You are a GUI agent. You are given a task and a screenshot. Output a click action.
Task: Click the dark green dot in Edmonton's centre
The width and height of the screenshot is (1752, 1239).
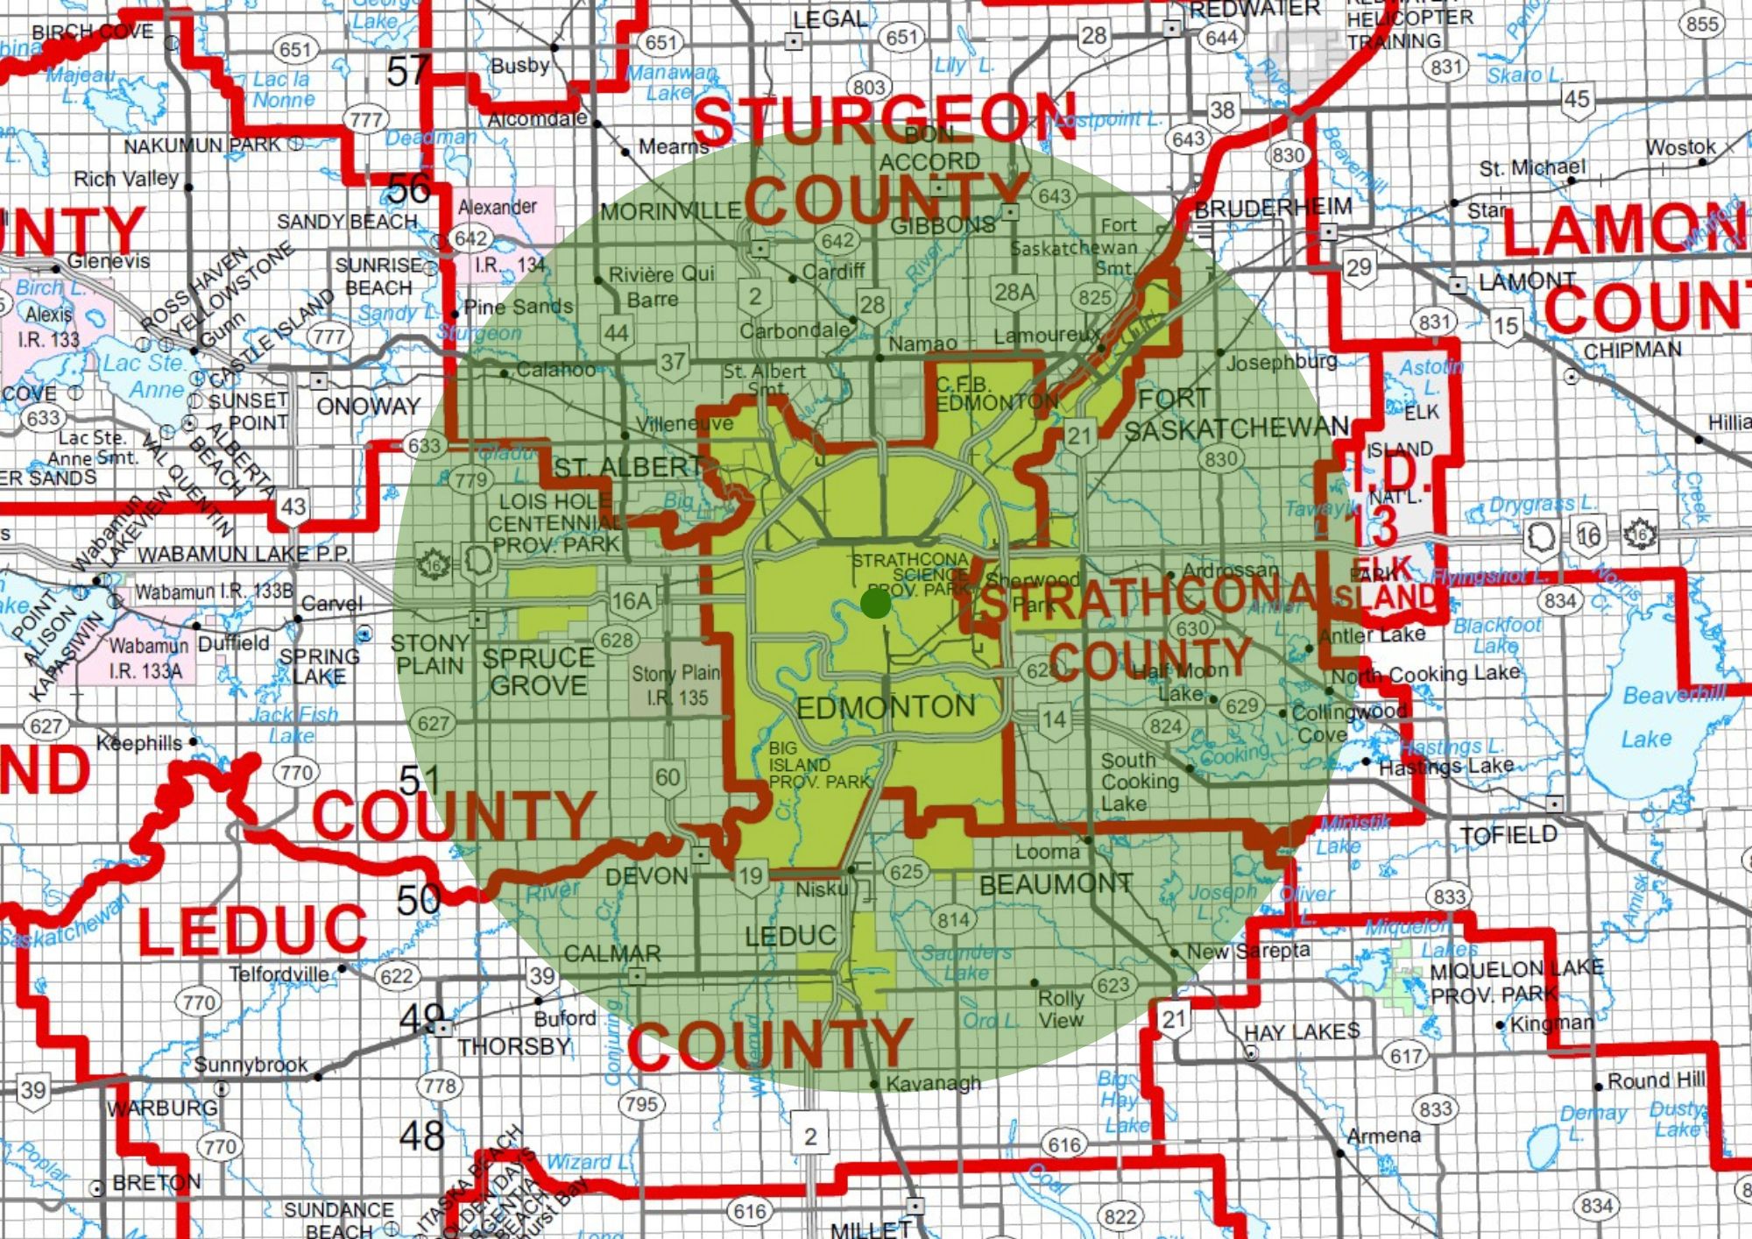click(875, 603)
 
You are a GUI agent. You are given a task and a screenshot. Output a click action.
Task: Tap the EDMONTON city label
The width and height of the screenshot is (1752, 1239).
click(886, 707)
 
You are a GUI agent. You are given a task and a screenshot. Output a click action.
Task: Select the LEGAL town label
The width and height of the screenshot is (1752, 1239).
click(829, 19)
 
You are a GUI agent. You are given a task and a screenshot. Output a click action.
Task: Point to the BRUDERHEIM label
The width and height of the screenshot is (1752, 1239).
click(1273, 209)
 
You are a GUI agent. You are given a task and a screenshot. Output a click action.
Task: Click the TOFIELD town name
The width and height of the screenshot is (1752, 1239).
click(1508, 834)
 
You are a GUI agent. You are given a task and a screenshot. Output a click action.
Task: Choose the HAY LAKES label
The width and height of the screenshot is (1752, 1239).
click(1302, 1031)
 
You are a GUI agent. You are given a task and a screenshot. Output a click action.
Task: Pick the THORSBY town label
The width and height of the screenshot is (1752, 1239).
click(513, 1046)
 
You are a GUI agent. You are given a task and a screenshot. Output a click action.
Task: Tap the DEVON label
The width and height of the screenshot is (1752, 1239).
click(646, 875)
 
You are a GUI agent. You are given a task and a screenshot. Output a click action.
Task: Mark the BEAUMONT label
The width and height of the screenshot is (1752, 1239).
click(1056, 885)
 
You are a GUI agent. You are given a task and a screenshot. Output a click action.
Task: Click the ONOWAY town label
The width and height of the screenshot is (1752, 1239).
click(368, 407)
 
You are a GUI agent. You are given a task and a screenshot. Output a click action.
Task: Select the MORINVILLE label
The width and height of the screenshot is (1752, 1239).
click(671, 211)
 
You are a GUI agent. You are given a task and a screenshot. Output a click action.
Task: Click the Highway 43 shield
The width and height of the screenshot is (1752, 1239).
click(293, 507)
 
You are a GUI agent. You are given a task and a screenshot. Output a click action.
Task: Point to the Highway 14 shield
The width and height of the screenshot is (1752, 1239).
click(1054, 720)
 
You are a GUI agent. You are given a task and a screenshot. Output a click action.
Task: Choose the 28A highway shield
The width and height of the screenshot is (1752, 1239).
click(1014, 292)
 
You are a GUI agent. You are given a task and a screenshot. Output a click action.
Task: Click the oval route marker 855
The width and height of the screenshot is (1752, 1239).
click(1702, 24)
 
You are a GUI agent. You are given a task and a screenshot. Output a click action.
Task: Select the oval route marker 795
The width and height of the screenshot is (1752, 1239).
click(641, 1104)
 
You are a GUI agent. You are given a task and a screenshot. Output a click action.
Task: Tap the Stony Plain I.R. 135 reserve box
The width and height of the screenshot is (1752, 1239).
click(676, 685)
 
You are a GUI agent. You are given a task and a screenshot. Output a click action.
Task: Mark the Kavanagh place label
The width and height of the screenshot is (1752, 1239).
click(933, 1084)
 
